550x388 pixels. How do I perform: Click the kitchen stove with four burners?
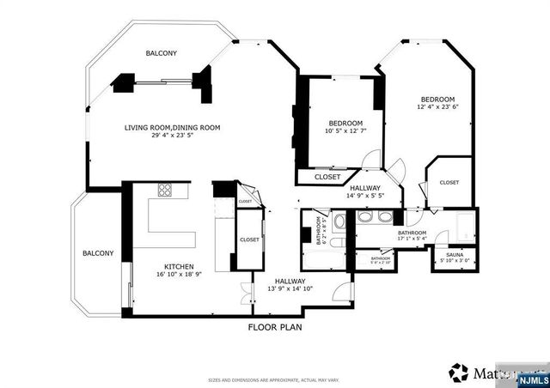click(166, 190)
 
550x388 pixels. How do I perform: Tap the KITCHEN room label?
click(180, 266)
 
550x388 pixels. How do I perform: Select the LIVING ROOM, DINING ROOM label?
click(173, 128)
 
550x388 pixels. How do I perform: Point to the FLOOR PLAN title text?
click(275, 327)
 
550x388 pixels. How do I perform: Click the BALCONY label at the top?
click(161, 53)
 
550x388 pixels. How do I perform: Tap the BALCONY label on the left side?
click(98, 253)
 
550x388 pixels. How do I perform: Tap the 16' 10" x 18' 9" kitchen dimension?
click(180, 275)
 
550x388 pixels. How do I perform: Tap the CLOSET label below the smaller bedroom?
click(327, 177)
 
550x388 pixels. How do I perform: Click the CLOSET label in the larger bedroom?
click(449, 182)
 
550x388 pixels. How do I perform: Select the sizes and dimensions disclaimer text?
click(274, 379)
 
